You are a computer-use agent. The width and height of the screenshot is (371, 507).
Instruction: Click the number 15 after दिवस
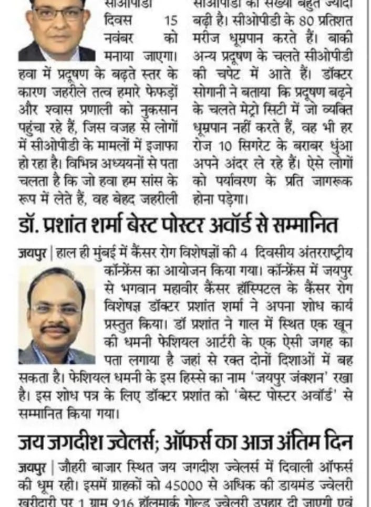point(172,20)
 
